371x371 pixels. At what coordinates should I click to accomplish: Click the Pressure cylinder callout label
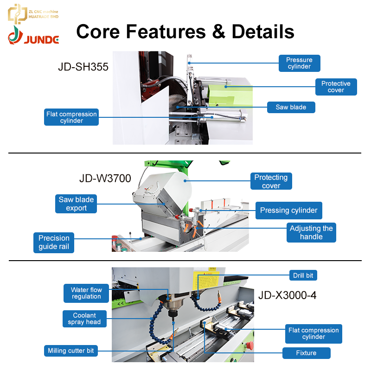[299, 63]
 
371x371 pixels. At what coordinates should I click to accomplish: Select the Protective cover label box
[336, 87]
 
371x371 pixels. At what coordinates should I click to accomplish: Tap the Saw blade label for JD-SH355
[291, 107]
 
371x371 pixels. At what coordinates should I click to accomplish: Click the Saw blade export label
[76, 204]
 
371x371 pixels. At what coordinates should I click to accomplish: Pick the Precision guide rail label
[54, 243]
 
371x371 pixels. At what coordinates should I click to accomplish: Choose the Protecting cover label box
[271, 181]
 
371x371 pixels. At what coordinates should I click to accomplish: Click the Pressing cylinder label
[288, 211]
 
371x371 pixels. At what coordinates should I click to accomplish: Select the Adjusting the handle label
[311, 232]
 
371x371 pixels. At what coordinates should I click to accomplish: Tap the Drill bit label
[303, 275]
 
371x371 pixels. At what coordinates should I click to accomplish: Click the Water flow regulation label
[86, 293]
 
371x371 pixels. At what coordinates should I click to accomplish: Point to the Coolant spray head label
[84, 319]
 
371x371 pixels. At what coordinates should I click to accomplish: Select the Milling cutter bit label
[71, 351]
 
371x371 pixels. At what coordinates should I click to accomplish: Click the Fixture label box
[307, 353]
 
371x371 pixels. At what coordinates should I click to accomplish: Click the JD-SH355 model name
[83, 67]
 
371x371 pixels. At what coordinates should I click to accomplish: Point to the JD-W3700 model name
[105, 179]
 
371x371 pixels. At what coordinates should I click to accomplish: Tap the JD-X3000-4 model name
[287, 295]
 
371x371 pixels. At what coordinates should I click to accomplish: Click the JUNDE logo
[33, 36]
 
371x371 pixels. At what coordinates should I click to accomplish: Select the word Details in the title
[263, 32]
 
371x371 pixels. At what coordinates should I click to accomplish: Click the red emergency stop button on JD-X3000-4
[250, 345]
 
